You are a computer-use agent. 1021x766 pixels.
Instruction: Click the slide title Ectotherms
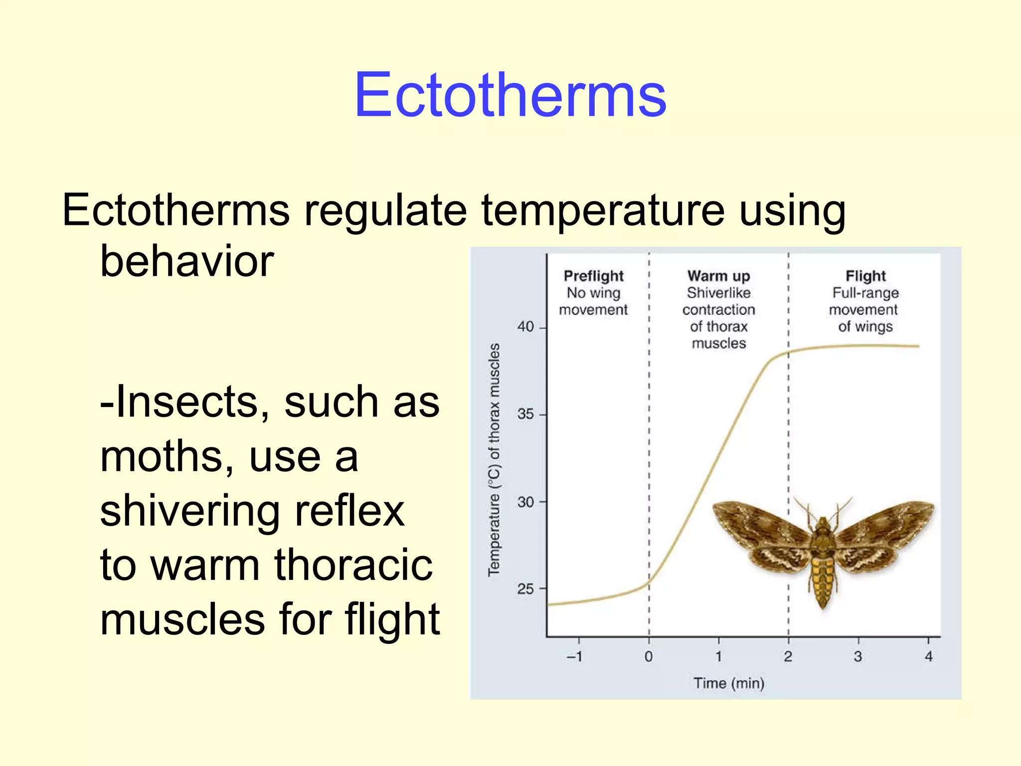click(x=510, y=95)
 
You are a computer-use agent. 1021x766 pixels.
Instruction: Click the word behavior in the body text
click(x=187, y=261)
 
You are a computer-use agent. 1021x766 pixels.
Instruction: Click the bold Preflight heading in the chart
click(x=593, y=276)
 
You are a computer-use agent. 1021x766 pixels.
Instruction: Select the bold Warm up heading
click(x=718, y=276)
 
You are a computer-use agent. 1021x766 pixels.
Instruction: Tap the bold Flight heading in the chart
click(x=865, y=276)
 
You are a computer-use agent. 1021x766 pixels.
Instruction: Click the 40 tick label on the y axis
click(x=525, y=327)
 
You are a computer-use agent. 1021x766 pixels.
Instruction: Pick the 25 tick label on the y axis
click(x=525, y=589)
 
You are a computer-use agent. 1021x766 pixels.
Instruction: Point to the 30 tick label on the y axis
click(x=525, y=502)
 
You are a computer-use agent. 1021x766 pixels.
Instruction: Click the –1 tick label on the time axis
click(x=575, y=656)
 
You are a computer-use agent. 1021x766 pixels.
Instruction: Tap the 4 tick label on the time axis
click(x=928, y=656)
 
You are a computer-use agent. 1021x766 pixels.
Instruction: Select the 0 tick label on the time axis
click(x=649, y=656)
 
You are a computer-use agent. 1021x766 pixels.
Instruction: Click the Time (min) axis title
click(x=729, y=683)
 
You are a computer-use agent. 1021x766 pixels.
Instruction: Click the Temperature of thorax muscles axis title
click(x=494, y=459)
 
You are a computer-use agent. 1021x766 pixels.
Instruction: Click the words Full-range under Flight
click(x=865, y=293)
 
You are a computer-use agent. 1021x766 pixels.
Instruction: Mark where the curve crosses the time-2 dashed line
click(x=788, y=353)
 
